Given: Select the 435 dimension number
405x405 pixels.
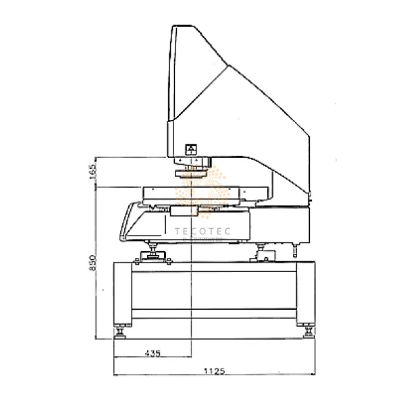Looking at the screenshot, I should coord(152,353).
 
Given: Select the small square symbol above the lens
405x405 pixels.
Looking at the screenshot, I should coord(190,149).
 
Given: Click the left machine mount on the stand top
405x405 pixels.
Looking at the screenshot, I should coord(153,254).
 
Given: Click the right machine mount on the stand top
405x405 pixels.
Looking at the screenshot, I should coord(265,254).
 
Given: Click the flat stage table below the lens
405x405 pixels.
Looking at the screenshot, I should coord(202,194).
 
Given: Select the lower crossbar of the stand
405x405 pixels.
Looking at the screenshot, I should coord(215,313).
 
